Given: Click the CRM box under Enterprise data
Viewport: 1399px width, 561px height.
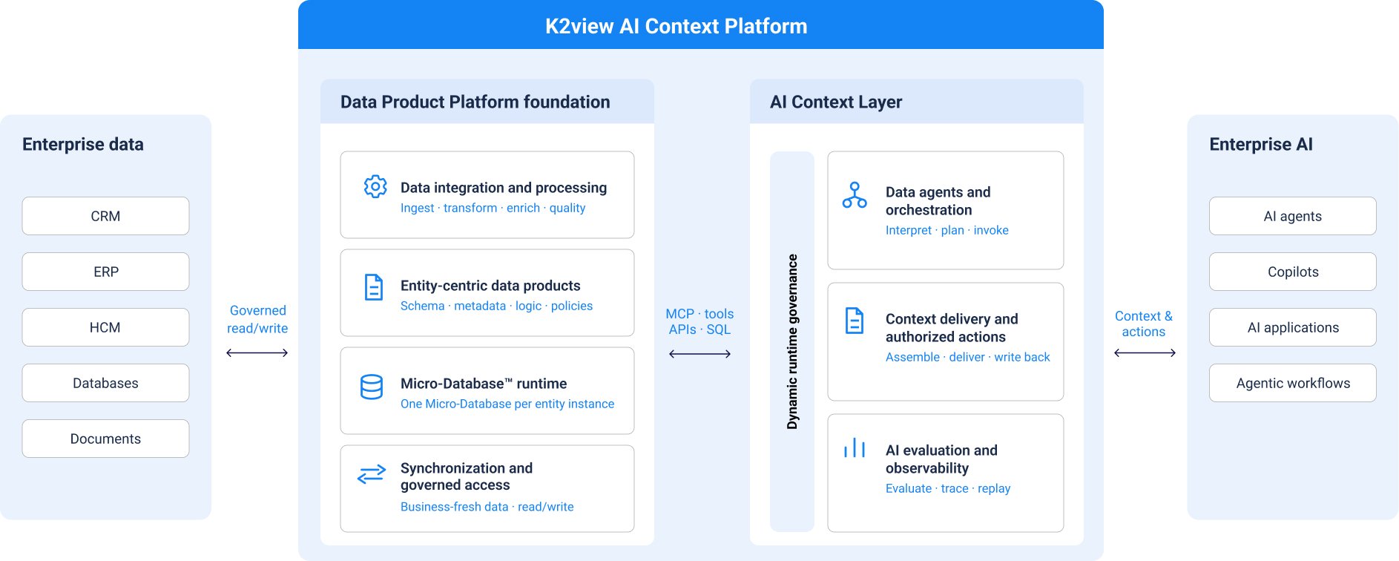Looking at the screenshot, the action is tap(105, 216).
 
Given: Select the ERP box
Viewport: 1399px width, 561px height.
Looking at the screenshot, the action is tap(105, 272).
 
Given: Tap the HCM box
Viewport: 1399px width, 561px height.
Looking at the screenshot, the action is tap(105, 327).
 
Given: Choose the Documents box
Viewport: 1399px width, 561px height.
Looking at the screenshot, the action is tap(105, 439).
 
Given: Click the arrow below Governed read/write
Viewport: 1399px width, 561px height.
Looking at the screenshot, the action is tap(257, 353).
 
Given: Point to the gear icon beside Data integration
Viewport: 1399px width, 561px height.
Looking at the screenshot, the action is tap(375, 186).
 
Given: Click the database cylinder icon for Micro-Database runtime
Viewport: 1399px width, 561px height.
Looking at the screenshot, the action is tap(372, 387).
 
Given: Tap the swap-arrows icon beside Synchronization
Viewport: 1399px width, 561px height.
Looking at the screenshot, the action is tap(372, 474).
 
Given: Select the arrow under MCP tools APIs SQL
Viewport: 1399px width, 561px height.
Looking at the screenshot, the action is tap(699, 354).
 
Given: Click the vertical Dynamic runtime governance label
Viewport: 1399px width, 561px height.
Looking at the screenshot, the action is tap(792, 341).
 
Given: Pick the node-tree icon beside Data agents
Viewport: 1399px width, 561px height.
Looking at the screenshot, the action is tap(855, 195).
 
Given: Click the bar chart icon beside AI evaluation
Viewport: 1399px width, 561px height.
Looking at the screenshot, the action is tap(855, 447).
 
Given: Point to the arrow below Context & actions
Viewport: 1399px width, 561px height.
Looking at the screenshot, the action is tap(1145, 353).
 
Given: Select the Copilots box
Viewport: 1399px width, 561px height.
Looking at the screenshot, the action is tap(1293, 272).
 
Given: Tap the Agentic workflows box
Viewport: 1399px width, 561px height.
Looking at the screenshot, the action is tap(1293, 383).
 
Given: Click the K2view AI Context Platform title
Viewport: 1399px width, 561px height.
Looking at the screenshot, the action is tap(677, 26).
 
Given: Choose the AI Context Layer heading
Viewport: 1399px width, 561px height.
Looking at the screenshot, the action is tap(836, 102).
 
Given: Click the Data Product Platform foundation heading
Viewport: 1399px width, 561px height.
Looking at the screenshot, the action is tap(475, 102).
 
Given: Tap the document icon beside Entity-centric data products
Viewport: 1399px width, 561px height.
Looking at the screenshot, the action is tap(374, 287).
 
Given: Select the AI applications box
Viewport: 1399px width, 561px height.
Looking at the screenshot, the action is tap(1293, 327).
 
